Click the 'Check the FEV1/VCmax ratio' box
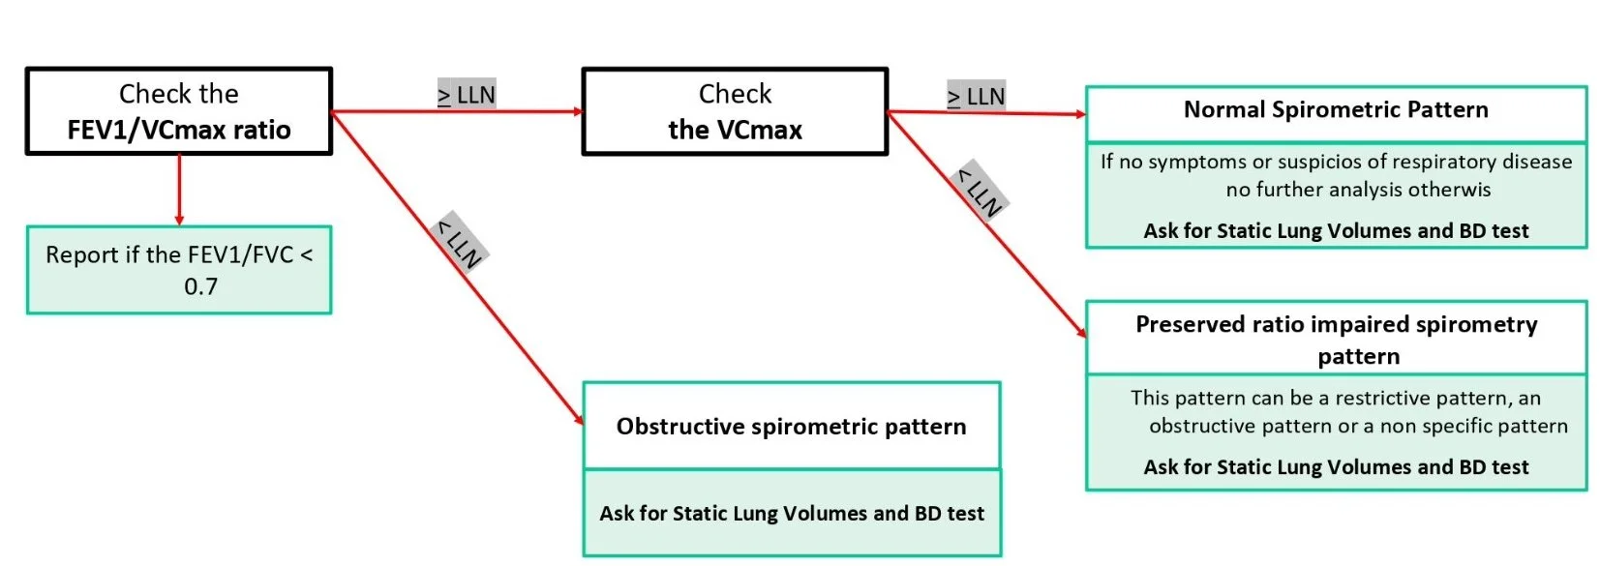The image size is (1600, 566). click(179, 111)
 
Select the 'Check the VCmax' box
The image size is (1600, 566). click(735, 111)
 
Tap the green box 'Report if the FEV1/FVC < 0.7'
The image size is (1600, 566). click(179, 270)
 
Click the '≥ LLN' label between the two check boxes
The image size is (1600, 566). click(467, 95)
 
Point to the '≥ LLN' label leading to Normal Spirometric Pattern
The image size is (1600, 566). click(976, 97)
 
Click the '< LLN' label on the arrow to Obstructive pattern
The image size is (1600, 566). click(460, 243)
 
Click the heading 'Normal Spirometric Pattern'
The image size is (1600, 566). click(1336, 110)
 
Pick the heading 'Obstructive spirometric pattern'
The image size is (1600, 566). click(791, 427)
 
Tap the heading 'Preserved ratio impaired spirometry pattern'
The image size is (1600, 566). click(1336, 339)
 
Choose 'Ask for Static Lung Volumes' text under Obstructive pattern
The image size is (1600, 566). click(791, 514)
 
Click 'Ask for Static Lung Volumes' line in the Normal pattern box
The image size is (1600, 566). click(1336, 231)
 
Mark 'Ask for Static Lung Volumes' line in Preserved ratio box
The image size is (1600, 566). click(1336, 467)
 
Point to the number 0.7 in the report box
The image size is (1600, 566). click(200, 286)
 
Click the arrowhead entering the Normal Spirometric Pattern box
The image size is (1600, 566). click(1080, 114)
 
